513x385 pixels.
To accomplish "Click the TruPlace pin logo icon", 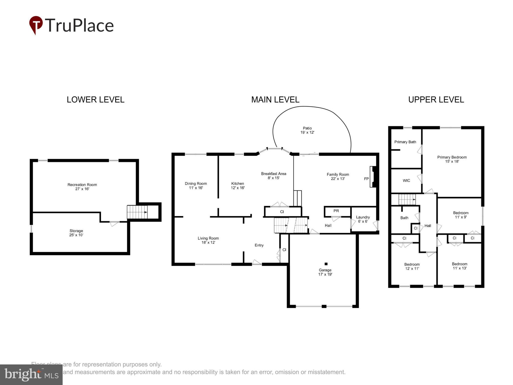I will [36, 25].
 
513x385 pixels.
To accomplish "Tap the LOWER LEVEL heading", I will [95, 100].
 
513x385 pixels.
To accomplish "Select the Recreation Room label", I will [82, 187].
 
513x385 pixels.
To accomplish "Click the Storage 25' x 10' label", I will [76, 233].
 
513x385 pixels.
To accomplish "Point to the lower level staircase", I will [137, 212].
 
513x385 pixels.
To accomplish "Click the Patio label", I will [307, 130].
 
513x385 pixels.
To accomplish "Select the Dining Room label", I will [196, 185].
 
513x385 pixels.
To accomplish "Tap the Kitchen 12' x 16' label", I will [237, 185].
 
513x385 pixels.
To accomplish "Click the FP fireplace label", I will [366, 179].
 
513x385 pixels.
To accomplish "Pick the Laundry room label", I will [363, 219].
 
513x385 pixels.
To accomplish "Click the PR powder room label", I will [336, 211].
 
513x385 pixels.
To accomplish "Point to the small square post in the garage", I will [326, 264].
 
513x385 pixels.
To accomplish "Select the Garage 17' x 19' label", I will [325, 272].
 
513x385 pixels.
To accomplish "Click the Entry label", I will [259, 245].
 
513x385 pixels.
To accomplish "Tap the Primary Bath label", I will [405, 142].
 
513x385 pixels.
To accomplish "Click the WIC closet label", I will [406, 180].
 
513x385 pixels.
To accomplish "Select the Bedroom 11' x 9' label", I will [461, 215].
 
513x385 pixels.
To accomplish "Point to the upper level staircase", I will [407, 200].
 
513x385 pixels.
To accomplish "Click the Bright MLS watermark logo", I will [31, 375].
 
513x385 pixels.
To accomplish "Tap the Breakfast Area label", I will [274, 175].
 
